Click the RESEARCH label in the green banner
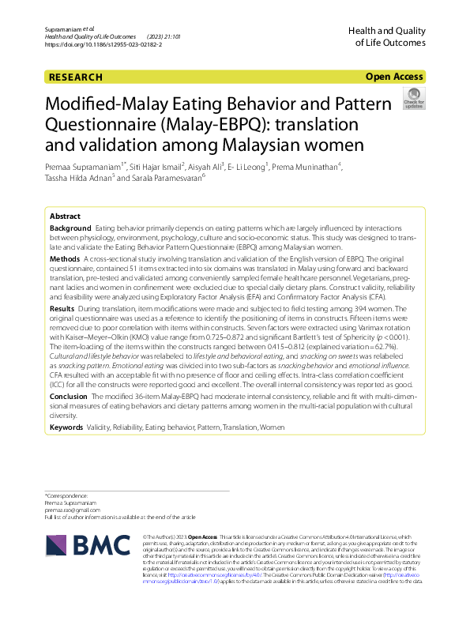tap(75, 77)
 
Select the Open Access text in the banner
tap(394, 77)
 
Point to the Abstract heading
tap(65, 216)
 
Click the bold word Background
tap(70, 228)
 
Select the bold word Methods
tap(65, 259)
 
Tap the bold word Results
tap(62, 307)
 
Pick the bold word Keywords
tap(66, 427)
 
